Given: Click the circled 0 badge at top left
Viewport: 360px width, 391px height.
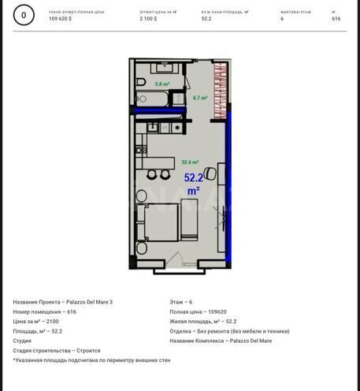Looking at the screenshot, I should click(24, 15).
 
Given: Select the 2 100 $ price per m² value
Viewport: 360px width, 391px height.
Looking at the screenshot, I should click(148, 18).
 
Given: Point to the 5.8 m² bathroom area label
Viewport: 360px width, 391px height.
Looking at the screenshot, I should click(162, 84).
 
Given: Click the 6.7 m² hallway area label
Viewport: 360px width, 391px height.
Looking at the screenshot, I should click(200, 98).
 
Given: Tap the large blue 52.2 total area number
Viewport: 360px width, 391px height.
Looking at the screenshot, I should click(193, 178).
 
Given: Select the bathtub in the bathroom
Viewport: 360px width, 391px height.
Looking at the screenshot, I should click(156, 99).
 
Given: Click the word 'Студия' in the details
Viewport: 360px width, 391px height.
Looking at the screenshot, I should click(22, 341).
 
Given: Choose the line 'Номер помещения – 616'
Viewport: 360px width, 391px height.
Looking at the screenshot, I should click(45, 311).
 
